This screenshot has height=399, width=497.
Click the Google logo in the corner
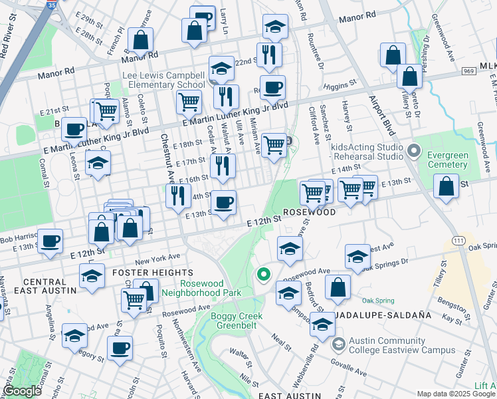23,391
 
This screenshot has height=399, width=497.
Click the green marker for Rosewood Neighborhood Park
264,274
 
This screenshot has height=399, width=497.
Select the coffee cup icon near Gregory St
120,348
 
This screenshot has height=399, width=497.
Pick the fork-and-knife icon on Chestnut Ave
178,196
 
